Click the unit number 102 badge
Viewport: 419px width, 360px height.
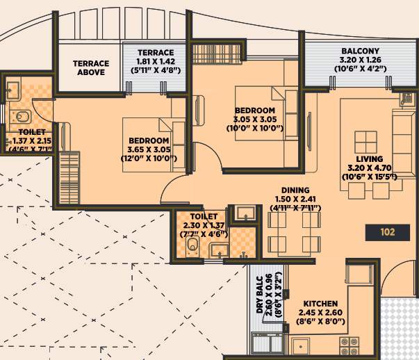pos(388,232)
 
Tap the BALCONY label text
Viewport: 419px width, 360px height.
pos(359,51)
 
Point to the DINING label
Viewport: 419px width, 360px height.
pos(295,190)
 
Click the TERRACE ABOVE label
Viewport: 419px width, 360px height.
pos(90,67)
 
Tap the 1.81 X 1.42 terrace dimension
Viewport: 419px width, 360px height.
pos(155,61)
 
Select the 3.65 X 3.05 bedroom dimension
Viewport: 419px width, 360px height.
pos(149,148)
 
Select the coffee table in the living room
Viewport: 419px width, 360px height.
pos(366,140)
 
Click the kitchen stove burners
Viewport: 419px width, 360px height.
pos(347,343)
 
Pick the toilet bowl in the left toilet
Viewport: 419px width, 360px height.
pos(22,115)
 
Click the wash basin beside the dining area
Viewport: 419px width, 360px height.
pos(243,213)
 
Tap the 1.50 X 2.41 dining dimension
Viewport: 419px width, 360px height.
pos(295,198)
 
